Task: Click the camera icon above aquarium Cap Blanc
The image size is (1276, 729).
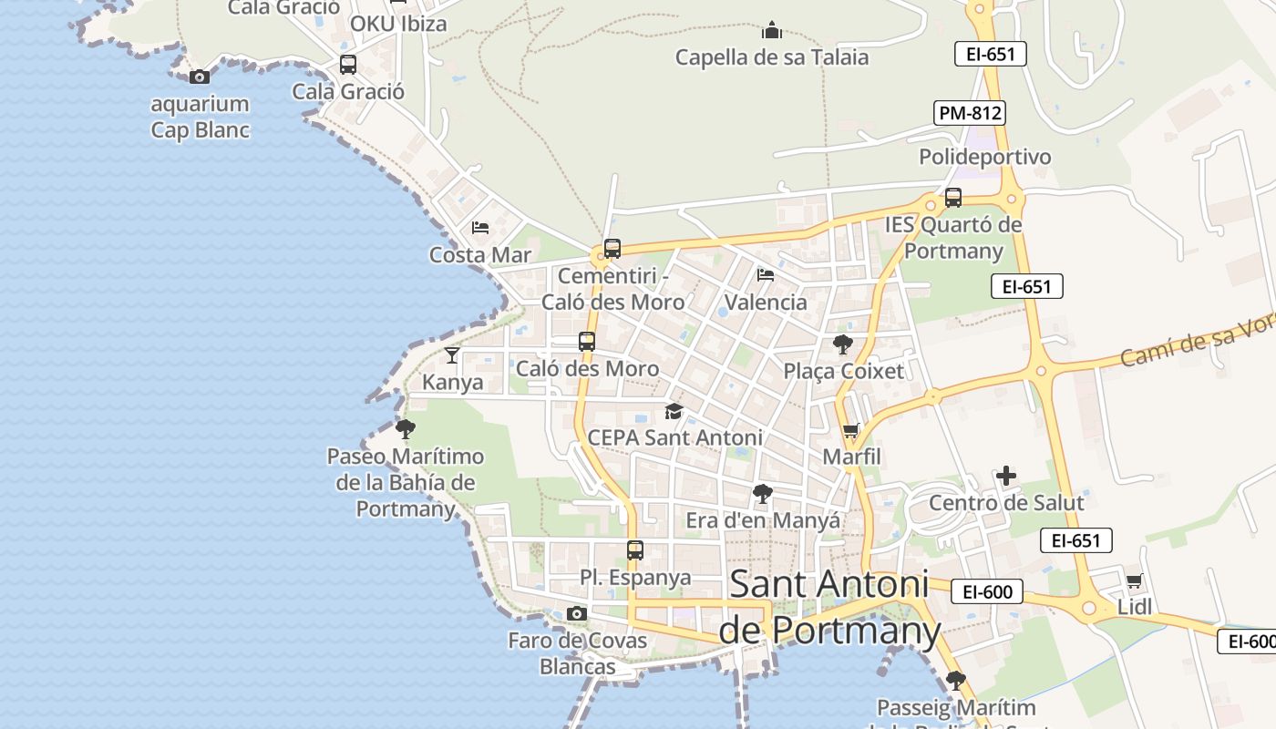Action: [200, 77]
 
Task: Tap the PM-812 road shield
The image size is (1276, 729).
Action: [970, 113]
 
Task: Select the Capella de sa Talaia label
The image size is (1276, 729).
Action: [772, 57]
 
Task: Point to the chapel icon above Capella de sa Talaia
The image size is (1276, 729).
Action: [772, 31]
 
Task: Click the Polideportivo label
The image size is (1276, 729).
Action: [984, 157]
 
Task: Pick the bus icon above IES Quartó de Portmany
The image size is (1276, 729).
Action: [953, 197]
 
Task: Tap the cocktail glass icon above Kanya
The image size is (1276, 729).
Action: [452, 354]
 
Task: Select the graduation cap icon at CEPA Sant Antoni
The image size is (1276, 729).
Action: [674, 412]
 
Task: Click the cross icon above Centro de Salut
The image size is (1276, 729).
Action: [1006, 476]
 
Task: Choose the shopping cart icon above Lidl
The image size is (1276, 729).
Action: [1134, 580]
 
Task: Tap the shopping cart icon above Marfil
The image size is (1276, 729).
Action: [851, 430]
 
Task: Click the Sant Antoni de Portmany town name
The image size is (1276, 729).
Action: [829, 607]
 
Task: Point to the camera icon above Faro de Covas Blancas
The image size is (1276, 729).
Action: [577, 614]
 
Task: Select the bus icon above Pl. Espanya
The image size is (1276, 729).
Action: [635, 550]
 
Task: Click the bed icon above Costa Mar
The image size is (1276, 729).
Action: [480, 228]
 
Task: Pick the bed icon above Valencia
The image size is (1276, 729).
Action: [766, 274]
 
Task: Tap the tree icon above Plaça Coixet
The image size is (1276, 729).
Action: [843, 344]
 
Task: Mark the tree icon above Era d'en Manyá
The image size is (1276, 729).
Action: [763, 494]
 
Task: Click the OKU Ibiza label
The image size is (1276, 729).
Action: [398, 24]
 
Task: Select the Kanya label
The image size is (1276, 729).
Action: [453, 382]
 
